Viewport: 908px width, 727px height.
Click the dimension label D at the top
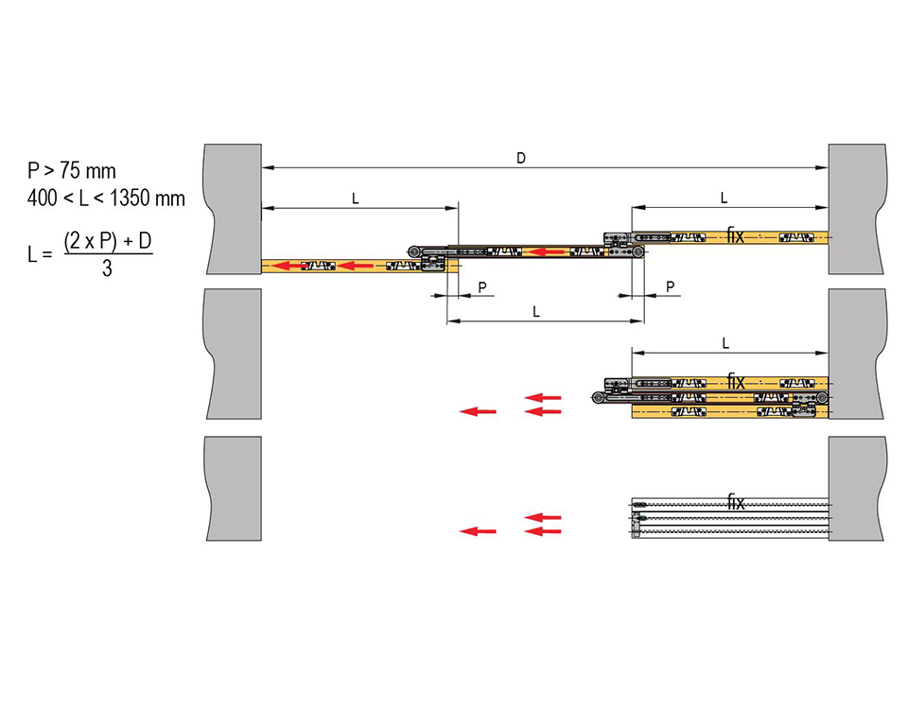520,158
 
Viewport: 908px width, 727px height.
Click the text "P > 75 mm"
72,171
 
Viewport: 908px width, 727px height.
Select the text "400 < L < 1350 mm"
106,199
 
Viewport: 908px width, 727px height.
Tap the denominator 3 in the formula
107,268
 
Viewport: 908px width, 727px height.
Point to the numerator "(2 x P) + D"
108,240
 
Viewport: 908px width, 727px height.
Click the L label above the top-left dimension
355,199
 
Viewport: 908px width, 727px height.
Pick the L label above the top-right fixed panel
724,198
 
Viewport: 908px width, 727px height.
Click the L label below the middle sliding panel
536,312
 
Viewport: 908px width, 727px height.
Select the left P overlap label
481,287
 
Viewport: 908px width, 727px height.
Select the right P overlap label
670,286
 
